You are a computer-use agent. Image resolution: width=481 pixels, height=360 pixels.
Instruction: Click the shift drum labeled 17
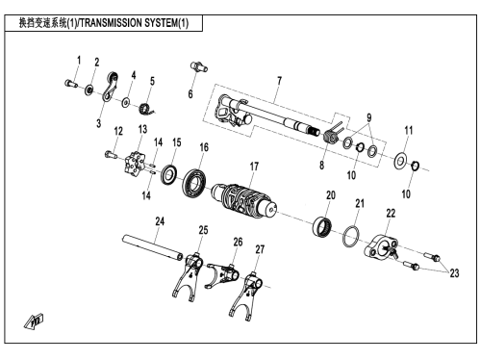(244, 200)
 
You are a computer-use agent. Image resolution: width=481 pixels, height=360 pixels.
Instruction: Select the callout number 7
(279, 81)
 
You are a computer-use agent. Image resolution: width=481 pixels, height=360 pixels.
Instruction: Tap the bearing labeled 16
(194, 183)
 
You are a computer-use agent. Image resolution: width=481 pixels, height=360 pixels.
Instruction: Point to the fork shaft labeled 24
(153, 247)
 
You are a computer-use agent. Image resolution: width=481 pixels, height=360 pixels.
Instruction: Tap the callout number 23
(454, 273)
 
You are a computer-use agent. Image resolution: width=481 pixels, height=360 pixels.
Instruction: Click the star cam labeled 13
(135, 165)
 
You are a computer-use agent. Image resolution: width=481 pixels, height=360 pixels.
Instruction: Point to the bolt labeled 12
(110, 155)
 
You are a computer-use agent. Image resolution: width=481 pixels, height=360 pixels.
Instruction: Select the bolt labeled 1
(71, 84)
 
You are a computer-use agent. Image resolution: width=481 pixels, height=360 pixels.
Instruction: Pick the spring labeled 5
(146, 109)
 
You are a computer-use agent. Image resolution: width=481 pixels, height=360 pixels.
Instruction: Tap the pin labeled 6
(199, 66)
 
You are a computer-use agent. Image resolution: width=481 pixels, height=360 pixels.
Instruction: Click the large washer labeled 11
(399, 161)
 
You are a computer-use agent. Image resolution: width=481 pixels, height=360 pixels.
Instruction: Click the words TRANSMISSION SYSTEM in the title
(128, 23)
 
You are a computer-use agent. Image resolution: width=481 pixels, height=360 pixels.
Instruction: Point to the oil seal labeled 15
(168, 174)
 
